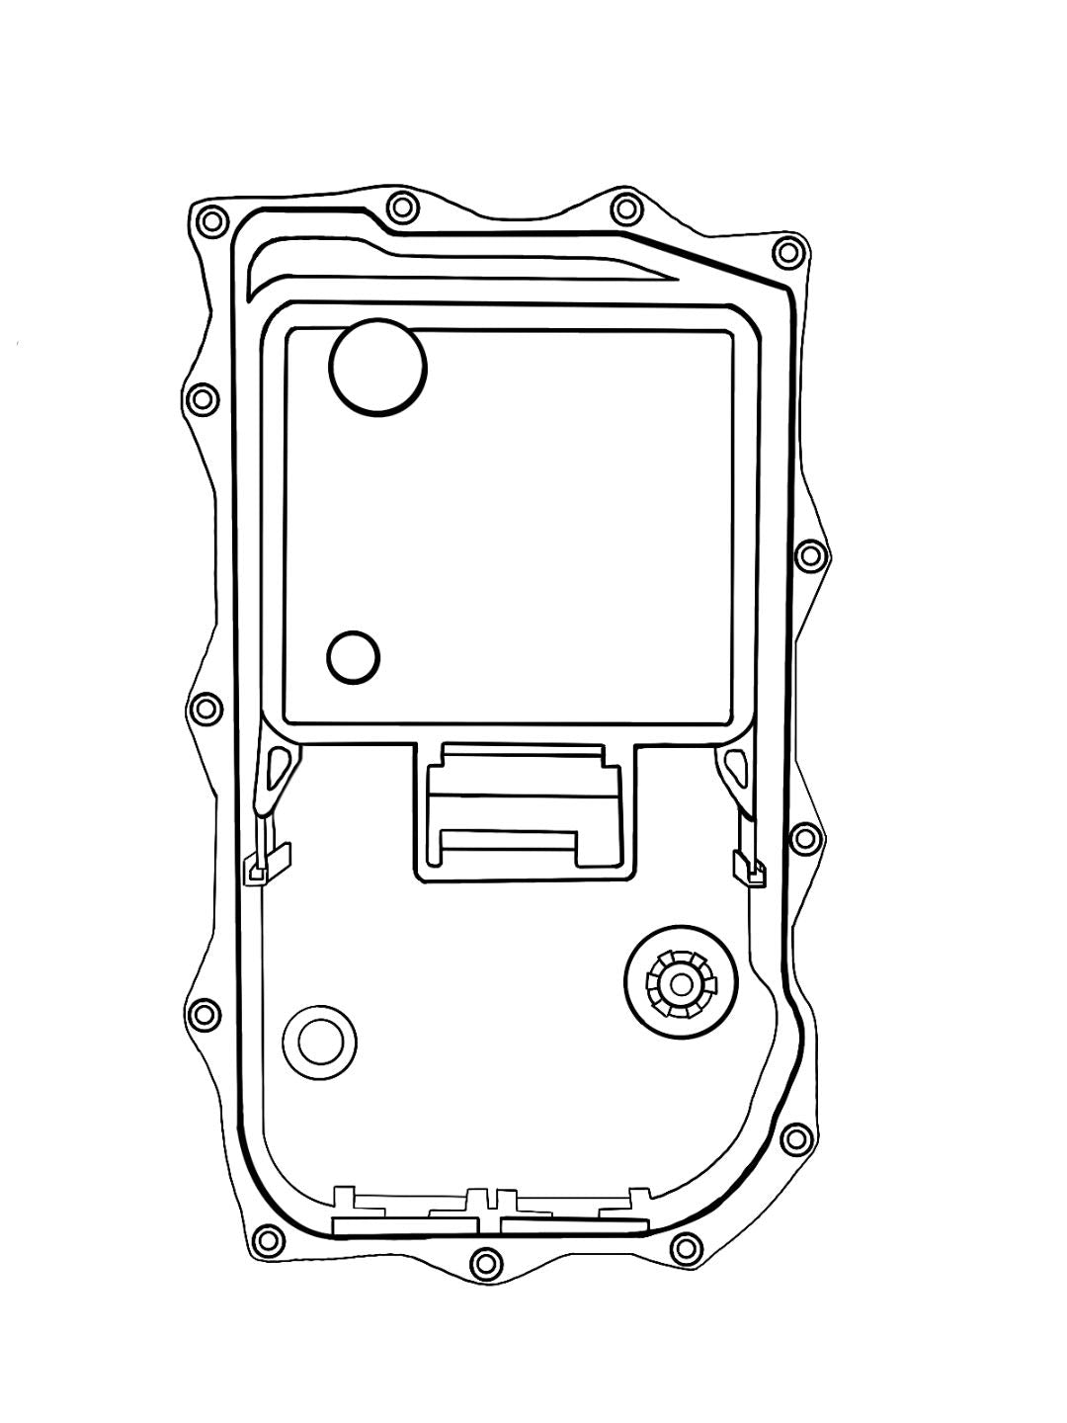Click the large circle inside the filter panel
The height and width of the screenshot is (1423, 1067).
coord(378,366)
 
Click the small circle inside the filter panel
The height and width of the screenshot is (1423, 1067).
coord(353,656)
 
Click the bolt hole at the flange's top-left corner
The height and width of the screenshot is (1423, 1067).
coord(210,222)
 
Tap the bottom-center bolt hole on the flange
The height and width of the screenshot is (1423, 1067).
coord(484,1261)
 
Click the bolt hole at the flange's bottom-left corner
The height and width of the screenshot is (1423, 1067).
coord(265,1239)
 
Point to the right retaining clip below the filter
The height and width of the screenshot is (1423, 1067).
coord(749,866)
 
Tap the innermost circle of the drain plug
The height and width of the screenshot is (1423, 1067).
coord(681,983)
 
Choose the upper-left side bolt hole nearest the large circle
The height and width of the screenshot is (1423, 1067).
coord(201,399)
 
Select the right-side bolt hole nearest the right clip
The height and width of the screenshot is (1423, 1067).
coord(807,838)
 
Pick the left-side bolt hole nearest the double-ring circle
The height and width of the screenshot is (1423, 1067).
coord(202,1014)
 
